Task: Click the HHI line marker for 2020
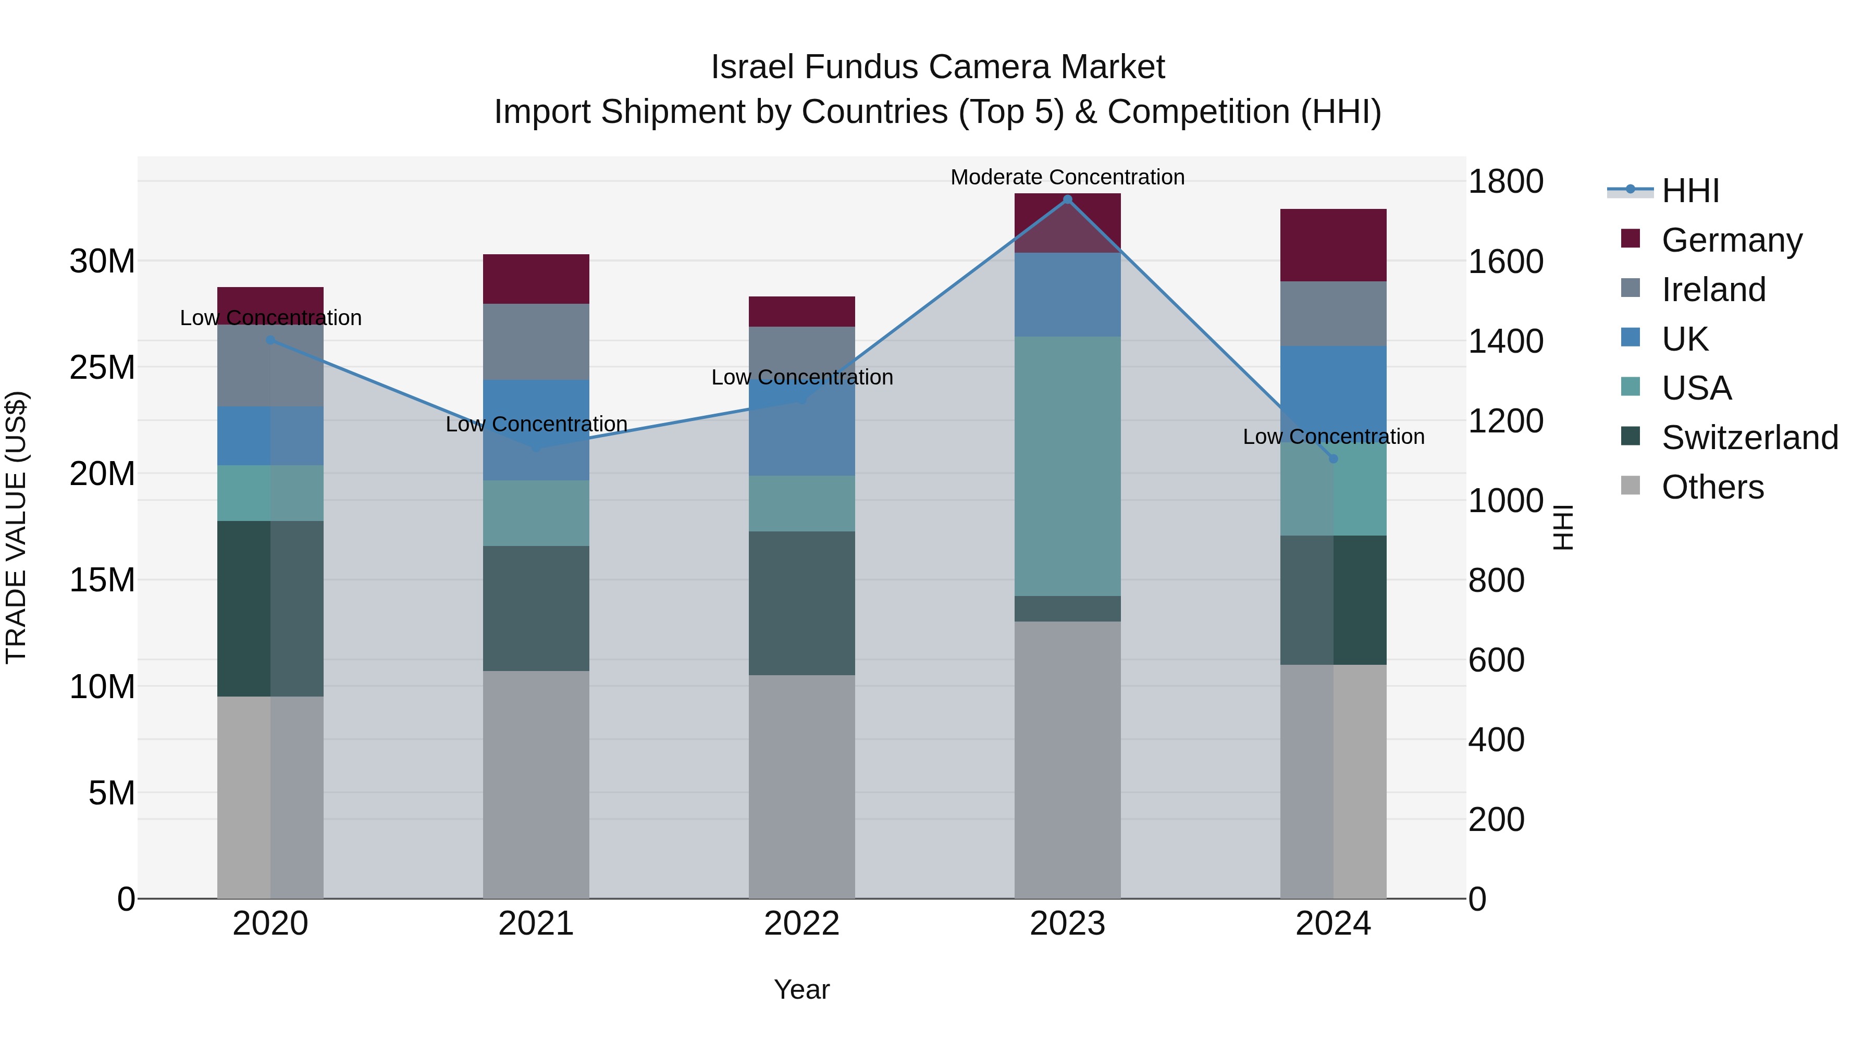click(x=270, y=340)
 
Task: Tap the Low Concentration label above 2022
click(x=802, y=377)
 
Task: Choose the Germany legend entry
click(x=1731, y=240)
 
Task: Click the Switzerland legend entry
click(x=1749, y=438)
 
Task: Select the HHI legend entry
click(x=1689, y=191)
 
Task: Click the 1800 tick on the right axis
click(x=1505, y=181)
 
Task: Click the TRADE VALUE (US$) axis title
click(x=16, y=527)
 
